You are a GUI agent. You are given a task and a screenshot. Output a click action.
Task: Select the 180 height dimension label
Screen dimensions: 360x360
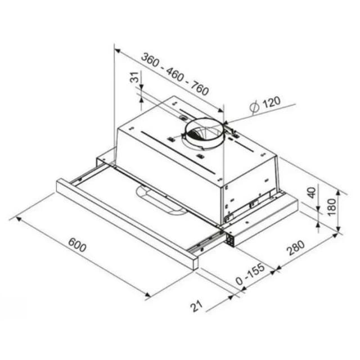(x=332, y=208)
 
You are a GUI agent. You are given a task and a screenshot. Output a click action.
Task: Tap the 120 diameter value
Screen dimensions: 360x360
(x=271, y=102)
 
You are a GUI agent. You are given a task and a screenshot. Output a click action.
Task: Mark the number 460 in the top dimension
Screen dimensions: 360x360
(x=174, y=74)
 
